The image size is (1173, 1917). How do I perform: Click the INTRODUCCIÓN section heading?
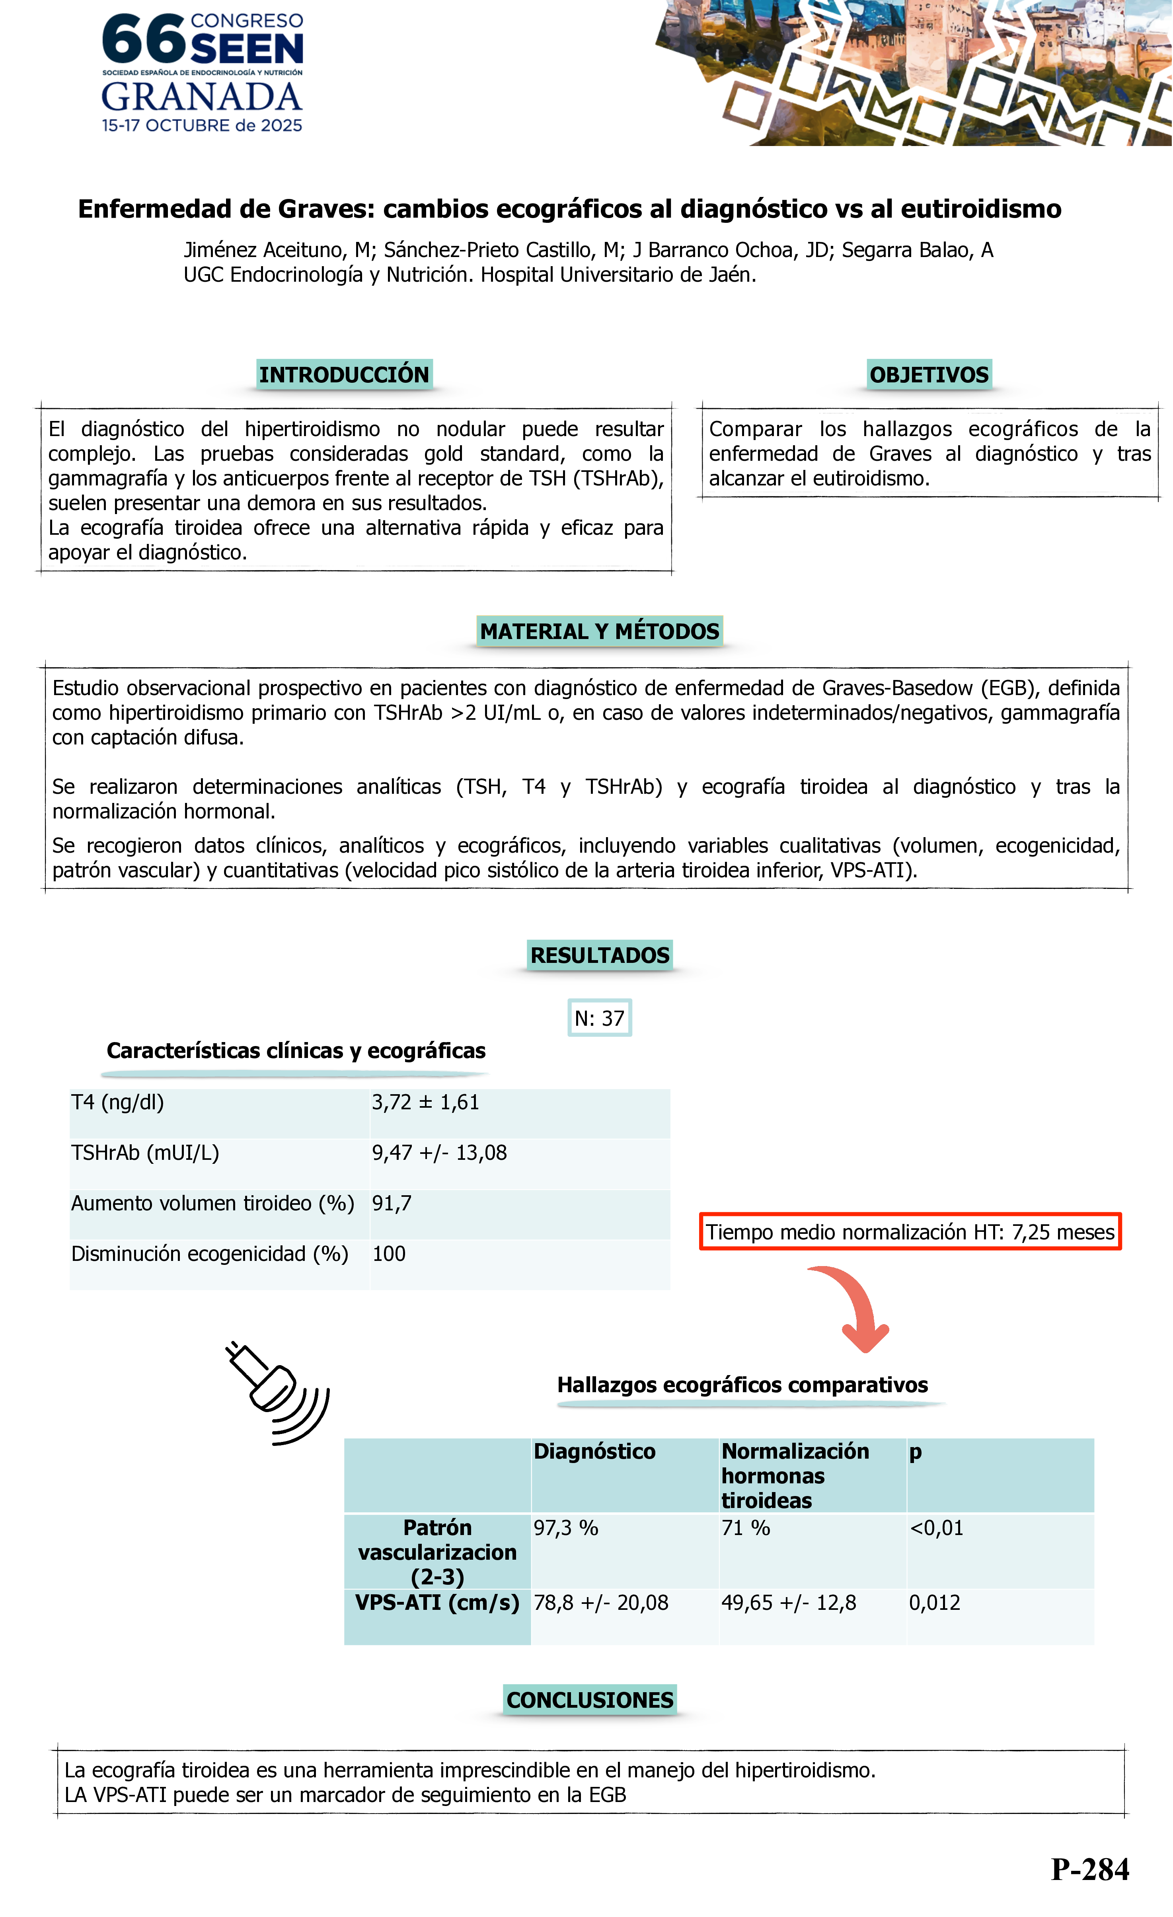click(x=344, y=375)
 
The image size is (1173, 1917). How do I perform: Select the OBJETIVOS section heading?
click(x=929, y=375)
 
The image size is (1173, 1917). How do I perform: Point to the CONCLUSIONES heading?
click(x=590, y=1700)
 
